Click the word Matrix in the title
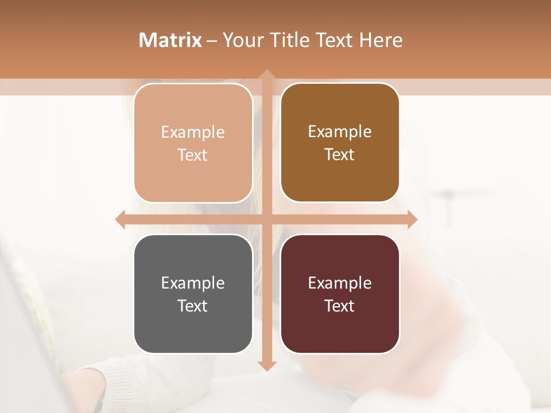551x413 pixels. pos(170,40)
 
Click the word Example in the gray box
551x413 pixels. pos(193,283)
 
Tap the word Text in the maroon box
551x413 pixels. pos(340,306)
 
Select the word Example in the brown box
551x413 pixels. pos(340,132)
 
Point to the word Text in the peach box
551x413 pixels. pos(193,155)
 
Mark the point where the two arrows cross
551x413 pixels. pos(266,219)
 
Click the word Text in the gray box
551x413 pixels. pos(193,306)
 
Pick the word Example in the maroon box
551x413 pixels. pos(340,283)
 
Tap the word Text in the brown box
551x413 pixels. pos(340,154)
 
